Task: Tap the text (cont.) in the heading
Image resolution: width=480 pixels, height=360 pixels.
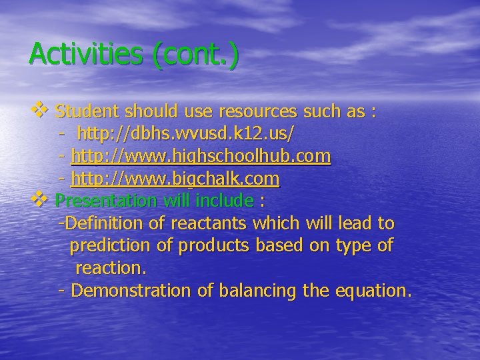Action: click(x=194, y=53)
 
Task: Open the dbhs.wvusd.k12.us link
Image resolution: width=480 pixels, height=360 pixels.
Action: click(x=184, y=133)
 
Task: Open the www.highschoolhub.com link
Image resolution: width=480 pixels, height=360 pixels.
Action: click(x=201, y=156)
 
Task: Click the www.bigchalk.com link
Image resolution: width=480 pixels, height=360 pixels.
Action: click(x=175, y=179)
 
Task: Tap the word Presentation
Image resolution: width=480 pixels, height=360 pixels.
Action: click(x=105, y=200)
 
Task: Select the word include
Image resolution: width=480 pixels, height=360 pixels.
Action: click(x=227, y=200)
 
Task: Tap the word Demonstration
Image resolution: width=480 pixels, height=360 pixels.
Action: click(x=131, y=291)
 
